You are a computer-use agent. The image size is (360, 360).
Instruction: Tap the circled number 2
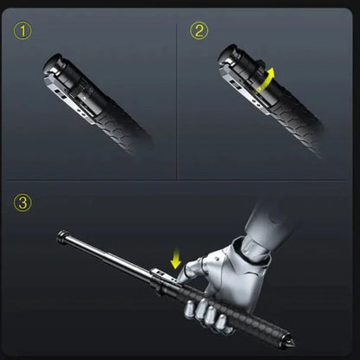click(200, 32)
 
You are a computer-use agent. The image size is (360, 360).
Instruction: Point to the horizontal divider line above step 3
click(180, 180)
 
